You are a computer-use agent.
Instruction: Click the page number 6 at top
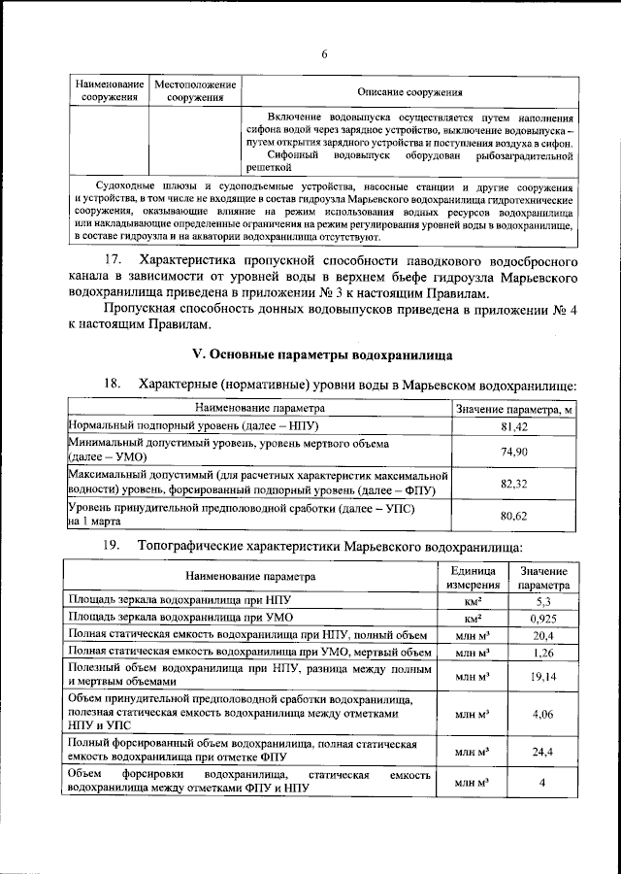pyautogui.click(x=323, y=53)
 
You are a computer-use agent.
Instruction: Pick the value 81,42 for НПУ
pyautogui.click(x=513, y=427)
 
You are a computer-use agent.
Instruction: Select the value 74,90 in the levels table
pyautogui.click(x=513, y=452)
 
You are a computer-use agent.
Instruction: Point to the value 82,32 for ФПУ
pyautogui.click(x=513, y=483)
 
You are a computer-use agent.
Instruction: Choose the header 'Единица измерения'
pyautogui.click(x=472, y=577)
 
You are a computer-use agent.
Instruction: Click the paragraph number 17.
pyautogui.click(x=113, y=261)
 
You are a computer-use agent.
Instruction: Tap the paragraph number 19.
pyautogui.click(x=113, y=547)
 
